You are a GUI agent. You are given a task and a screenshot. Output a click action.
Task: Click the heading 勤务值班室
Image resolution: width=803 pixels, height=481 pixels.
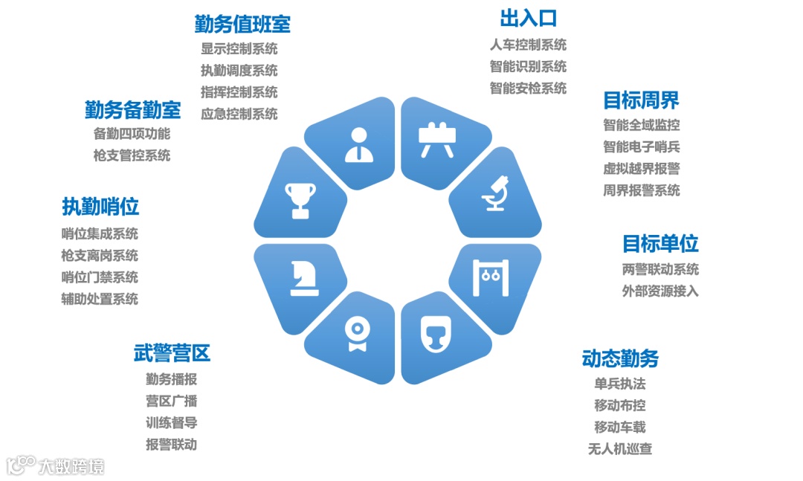click(x=242, y=25)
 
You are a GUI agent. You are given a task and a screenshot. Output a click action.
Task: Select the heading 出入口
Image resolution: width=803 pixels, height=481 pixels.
click(x=528, y=18)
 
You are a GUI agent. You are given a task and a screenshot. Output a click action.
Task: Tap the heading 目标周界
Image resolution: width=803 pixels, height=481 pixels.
click(x=641, y=100)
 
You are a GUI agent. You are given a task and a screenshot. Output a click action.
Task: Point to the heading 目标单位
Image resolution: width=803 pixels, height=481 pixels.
click(x=660, y=244)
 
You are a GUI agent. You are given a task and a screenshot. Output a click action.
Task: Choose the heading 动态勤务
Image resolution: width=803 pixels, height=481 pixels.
click(x=620, y=359)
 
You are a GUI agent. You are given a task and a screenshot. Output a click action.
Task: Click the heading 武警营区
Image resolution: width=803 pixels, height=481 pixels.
click(x=172, y=353)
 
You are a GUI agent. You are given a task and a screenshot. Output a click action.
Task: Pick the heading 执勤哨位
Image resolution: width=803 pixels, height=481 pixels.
click(x=100, y=207)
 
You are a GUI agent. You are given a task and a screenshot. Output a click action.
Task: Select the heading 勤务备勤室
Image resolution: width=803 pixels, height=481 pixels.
click(x=132, y=111)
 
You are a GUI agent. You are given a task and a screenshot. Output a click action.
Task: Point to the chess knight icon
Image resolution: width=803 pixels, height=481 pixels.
click(x=300, y=278)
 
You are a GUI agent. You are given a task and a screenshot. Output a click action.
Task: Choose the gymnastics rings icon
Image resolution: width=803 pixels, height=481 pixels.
click(x=491, y=277)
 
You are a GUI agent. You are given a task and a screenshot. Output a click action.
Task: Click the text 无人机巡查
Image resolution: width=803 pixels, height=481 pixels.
click(x=619, y=449)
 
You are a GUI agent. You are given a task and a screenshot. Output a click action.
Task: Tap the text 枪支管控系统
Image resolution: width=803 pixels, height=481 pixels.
click(x=132, y=155)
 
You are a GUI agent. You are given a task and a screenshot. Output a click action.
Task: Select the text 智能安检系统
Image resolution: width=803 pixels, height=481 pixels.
click(x=528, y=88)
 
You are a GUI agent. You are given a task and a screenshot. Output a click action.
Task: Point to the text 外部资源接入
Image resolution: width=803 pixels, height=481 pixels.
click(x=660, y=291)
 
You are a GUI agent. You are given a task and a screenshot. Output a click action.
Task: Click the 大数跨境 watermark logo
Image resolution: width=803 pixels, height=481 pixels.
click(x=56, y=466)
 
